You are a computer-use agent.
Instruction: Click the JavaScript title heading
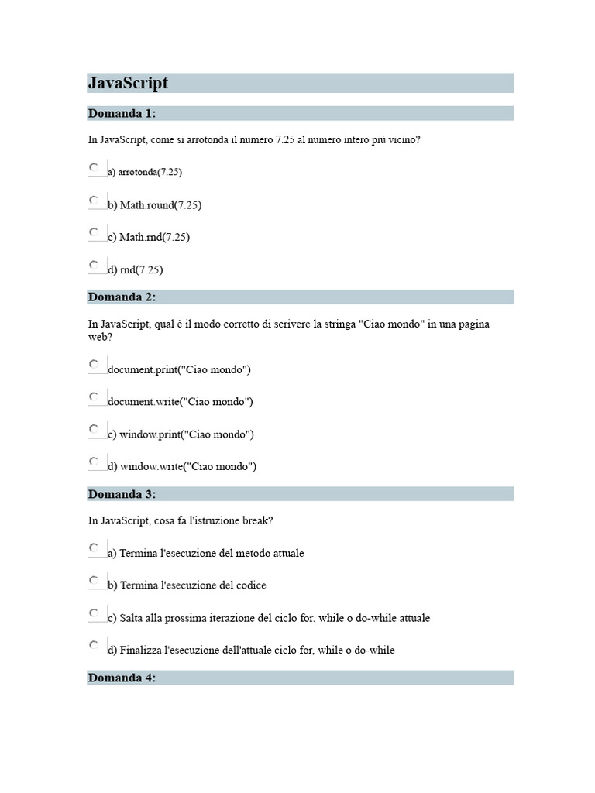pos(128,83)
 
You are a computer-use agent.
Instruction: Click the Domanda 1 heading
pos(122,114)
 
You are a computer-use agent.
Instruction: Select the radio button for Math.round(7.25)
pos(94,200)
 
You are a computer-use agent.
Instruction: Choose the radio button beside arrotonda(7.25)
pos(94,166)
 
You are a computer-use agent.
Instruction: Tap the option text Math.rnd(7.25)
pos(154,237)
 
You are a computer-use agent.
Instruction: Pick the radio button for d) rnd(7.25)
pos(94,264)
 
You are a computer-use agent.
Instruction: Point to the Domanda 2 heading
pos(122,297)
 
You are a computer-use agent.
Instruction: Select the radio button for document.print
pos(94,363)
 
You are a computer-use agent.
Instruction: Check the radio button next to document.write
pos(94,396)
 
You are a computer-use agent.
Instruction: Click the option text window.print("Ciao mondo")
pos(187,434)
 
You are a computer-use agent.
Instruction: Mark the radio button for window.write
pos(94,461)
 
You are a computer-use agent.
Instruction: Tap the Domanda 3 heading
pos(122,494)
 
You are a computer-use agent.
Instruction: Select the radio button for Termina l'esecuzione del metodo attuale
pos(94,548)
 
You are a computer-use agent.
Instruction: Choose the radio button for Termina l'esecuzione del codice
pos(94,579)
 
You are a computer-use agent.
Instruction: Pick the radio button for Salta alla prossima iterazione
pos(94,613)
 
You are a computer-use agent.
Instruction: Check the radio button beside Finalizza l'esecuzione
pos(94,644)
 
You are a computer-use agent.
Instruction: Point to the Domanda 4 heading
pos(122,678)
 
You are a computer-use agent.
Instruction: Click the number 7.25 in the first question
pos(284,140)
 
